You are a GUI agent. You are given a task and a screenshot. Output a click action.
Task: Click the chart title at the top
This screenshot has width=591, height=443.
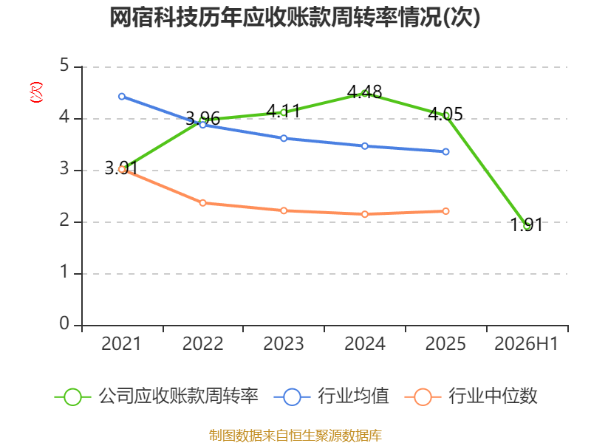pyautogui.click(x=295, y=18)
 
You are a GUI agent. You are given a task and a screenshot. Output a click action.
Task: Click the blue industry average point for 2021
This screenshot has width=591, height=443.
pyautogui.click(x=122, y=97)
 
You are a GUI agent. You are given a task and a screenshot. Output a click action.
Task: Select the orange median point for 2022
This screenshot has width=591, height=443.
pyautogui.click(x=202, y=203)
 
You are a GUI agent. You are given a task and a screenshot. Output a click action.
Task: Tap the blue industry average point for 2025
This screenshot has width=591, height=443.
pyautogui.click(x=445, y=152)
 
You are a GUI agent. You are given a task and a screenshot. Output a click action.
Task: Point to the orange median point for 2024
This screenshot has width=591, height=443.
pyautogui.click(x=365, y=214)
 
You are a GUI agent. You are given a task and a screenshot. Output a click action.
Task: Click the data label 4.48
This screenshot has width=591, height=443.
pyautogui.click(x=364, y=92)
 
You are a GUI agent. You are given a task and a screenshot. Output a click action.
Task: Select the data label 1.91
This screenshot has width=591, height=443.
pyautogui.click(x=527, y=225)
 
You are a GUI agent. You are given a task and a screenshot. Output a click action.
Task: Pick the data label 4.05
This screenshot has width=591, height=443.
pyautogui.click(x=445, y=114)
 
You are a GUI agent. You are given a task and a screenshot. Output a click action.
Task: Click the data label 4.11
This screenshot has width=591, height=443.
pyautogui.click(x=284, y=111)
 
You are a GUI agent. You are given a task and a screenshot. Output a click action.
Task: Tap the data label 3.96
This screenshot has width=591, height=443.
pyautogui.click(x=202, y=119)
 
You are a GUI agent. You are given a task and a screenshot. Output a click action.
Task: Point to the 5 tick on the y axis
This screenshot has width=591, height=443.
pyautogui.click(x=64, y=66)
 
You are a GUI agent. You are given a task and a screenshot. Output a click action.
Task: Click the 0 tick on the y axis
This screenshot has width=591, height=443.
pyautogui.click(x=64, y=323)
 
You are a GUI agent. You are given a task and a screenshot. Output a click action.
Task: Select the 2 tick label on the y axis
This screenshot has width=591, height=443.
pyautogui.click(x=64, y=220)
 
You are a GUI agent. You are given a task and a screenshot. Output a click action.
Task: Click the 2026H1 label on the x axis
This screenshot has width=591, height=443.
pyautogui.click(x=526, y=343)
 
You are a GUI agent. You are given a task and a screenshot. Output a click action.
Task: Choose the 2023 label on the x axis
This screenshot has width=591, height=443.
pyautogui.click(x=284, y=343)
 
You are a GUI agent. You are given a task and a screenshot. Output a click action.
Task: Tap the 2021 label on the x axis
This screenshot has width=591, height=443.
pyautogui.click(x=121, y=343)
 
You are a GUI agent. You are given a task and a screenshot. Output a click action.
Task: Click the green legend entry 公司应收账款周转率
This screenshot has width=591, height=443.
pyautogui.click(x=157, y=396)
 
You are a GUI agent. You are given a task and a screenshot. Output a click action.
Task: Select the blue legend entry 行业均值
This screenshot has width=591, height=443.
pyautogui.click(x=331, y=396)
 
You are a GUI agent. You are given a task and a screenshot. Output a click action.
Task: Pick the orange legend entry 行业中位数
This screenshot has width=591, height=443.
pyautogui.click(x=471, y=396)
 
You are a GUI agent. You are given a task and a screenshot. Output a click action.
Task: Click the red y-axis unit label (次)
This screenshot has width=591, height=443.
pyautogui.click(x=36, y=92)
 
